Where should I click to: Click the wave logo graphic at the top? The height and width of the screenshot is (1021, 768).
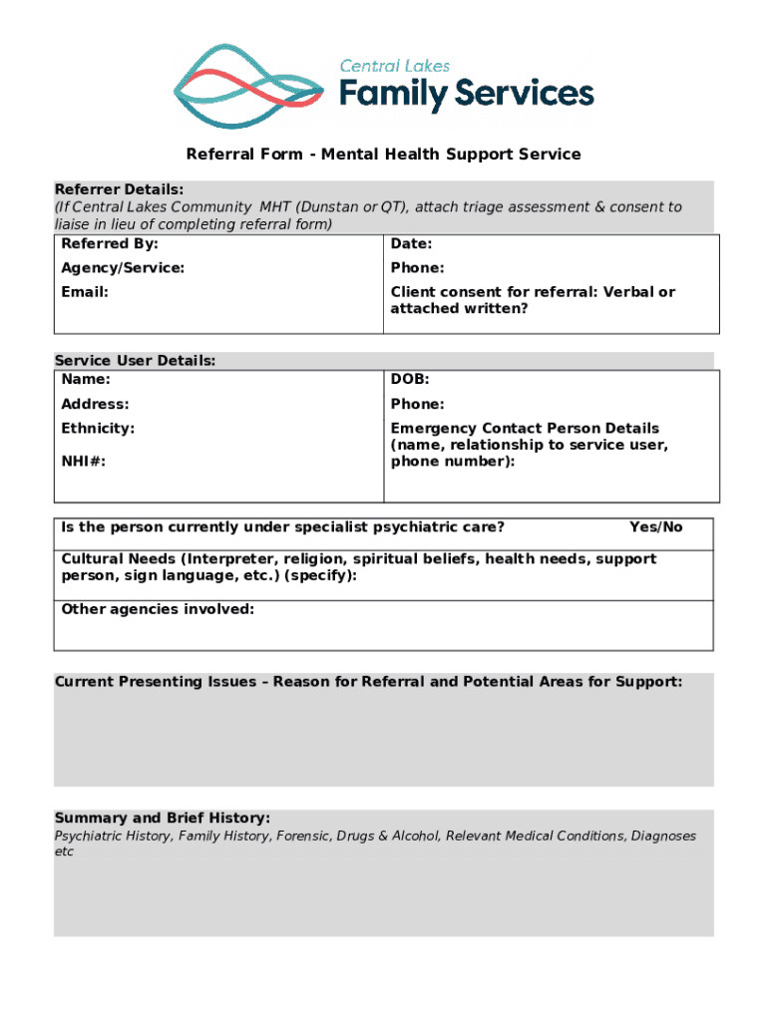pos(248,87)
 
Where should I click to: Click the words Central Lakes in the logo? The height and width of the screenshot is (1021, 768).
pos(395,66)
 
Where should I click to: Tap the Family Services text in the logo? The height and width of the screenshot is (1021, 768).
pos(466,96)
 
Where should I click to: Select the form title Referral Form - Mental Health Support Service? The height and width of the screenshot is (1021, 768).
pos(383,155)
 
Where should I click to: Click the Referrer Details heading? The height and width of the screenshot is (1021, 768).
pos(119,189)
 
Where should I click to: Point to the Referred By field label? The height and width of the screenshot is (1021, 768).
pos(110,244)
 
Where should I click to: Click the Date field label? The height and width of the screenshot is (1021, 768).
pos(411,244)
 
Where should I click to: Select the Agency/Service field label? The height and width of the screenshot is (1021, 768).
pos(123,268)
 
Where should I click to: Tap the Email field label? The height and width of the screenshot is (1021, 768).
pos(85,292)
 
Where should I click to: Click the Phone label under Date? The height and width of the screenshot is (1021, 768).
pos(417,268)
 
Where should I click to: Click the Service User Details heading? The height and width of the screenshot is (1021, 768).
pos(135,361)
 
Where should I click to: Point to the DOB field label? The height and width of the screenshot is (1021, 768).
pos(410,380)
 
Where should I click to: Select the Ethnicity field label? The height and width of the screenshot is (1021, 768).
pos(98,428)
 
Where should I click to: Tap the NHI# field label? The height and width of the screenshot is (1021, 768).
pos(84,462)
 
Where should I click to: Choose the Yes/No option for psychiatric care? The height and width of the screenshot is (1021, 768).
pos(655,527)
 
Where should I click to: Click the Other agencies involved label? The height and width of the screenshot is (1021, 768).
pos(158,609)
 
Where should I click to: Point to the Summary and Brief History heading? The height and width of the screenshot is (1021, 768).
pos(162,818)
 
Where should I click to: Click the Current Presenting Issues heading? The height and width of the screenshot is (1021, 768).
pos(368,682)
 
